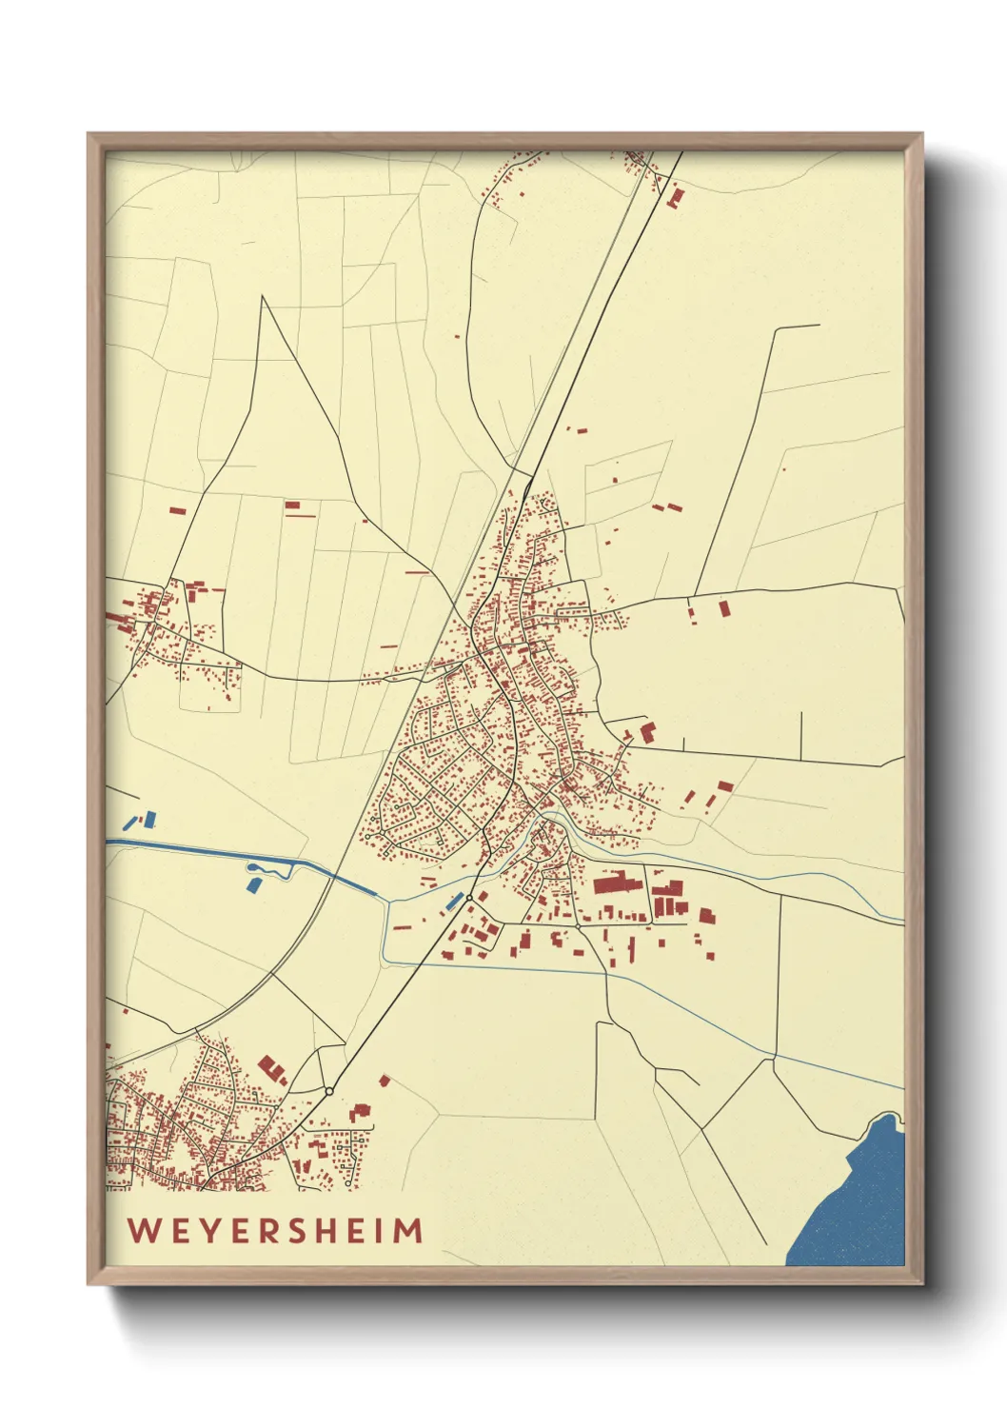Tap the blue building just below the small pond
(254, 885)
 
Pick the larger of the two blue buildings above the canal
(149, 818)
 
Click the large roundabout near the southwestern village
(328, 1091)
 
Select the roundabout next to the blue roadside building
(469, 897)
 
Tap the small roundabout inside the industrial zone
(578, 925)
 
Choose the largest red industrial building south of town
(618, 883)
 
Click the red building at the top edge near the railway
(677, 198)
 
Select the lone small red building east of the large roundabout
(385, 1081)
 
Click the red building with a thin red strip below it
(293, 506)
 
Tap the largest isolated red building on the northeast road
(723, 607)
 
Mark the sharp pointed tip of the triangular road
(263, 297)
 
